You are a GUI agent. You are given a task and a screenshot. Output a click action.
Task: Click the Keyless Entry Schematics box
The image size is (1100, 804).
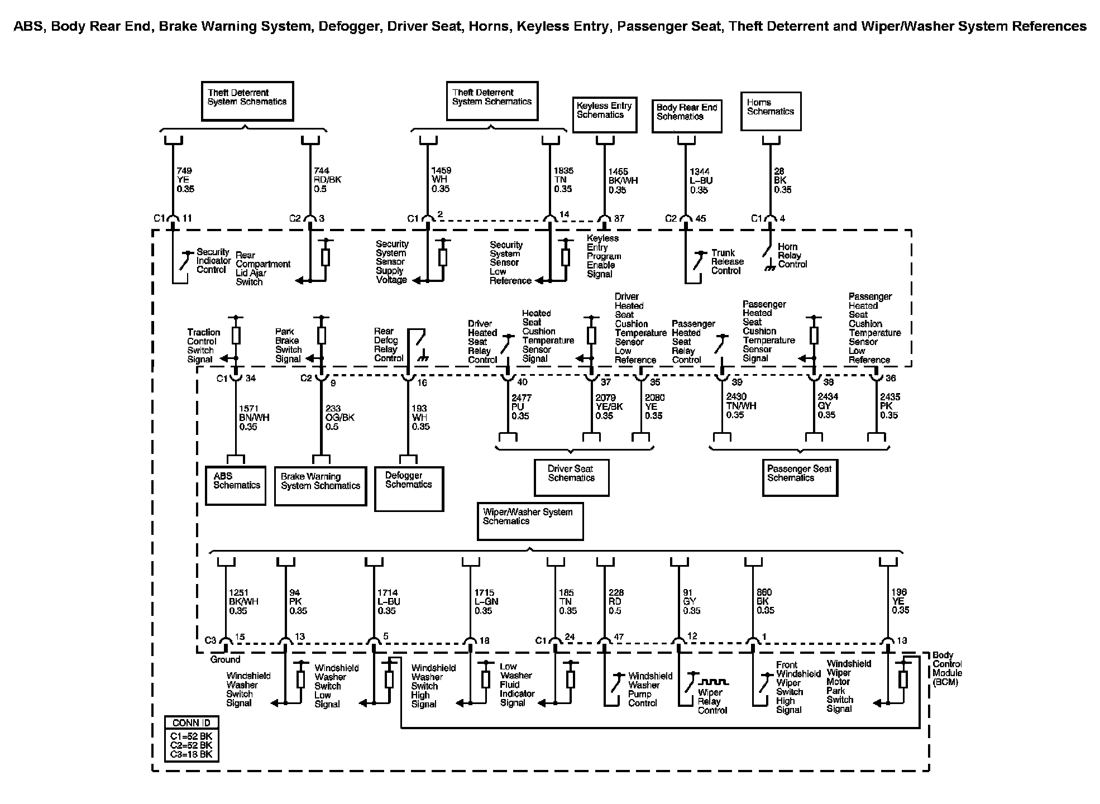pyautogui.click(x=605, y=115)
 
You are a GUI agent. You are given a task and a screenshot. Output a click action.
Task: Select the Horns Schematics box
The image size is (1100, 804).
pyautogui.click(x=771, y=112)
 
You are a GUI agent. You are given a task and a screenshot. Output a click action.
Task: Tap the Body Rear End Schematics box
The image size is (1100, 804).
pyautogui.click(x=687, y=116)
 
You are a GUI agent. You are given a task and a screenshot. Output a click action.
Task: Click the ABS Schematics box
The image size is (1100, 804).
pyautogui.click(x=236, y=486)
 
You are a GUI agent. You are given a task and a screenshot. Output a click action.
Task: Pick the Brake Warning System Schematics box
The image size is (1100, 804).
pyautogui.click(x=321, y=486)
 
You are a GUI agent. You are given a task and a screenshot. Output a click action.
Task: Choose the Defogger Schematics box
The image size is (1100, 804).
pyautogui.click(x=409, y=489)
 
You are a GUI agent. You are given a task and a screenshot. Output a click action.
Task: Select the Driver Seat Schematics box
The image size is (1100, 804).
pyautogui.click(x=571, y=477)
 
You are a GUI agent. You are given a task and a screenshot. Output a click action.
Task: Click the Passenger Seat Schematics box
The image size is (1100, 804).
pyautogui.click(x=800, y=477)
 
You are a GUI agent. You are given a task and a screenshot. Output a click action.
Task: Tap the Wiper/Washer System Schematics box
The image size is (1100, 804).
pyautogui.click(x=530, y=521)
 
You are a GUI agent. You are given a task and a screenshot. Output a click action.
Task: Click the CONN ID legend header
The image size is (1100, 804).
pyautogui.click(x=192, y=723)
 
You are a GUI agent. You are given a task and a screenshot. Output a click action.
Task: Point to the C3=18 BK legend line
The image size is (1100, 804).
pyautogui.click(x=192, y=754)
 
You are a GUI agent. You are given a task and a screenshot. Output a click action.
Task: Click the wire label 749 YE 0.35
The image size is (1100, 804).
pyautogui.click(x=185, y=180)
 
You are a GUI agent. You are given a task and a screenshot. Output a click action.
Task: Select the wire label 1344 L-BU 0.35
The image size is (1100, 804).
pyautogui.click(x=701, y=181)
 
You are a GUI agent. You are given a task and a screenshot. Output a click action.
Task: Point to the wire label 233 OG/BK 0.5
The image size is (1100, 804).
pyautogui.click(x=339, y=418)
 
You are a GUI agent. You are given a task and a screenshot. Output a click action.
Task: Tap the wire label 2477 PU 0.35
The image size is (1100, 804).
pyautogui.click(x=521, y=407)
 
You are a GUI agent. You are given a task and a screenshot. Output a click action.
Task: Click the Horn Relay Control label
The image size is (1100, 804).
pyautogui.click(x=792, y=255)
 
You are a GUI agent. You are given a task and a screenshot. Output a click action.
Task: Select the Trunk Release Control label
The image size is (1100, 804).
pyautogui.click(x=727, y=262)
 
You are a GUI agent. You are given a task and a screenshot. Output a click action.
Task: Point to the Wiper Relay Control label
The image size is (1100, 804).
pyautogui.click(x=712, y=701)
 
